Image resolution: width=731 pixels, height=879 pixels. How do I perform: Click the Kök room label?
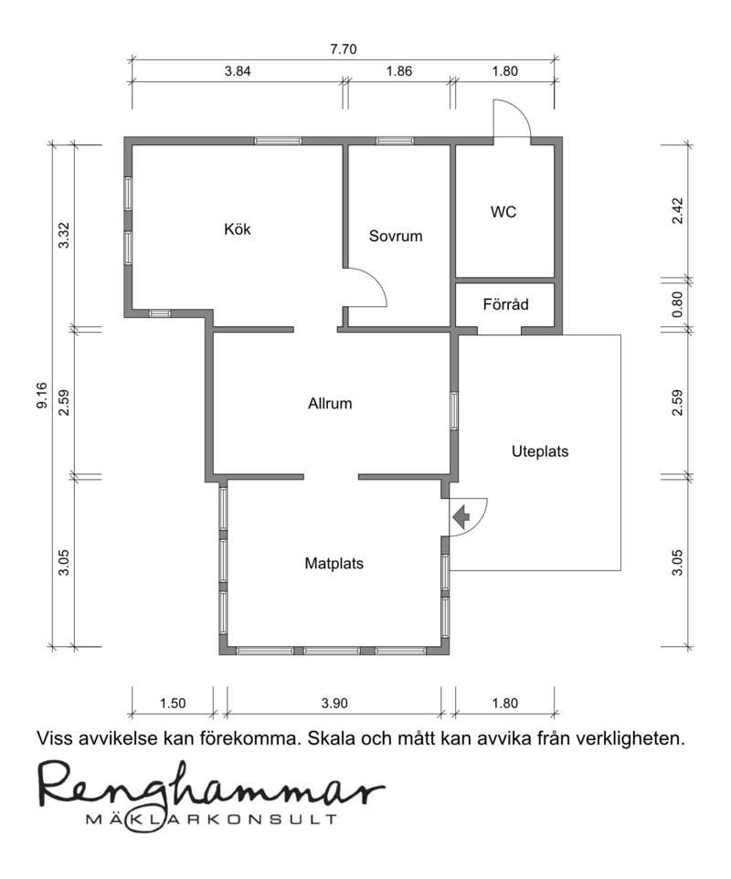click(x=238, y=229)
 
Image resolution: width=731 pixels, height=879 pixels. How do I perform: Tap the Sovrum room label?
click(x=396, y=236)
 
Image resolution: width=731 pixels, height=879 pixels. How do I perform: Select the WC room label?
click(x=503, y=212)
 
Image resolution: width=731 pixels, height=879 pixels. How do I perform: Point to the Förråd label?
click(x=505, y=304)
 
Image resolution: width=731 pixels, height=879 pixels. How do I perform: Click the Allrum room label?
click(x=330, y=404)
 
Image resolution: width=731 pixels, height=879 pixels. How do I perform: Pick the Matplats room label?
click(x=334, y=564)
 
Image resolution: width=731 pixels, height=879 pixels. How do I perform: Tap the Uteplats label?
click(x=540, y=451)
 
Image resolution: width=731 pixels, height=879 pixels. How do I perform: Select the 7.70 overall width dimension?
click(x=343, y=49)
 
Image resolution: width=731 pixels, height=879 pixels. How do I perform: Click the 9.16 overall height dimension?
click(x=43, y=396)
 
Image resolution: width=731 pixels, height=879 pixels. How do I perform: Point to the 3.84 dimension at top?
click(x=238, y=71)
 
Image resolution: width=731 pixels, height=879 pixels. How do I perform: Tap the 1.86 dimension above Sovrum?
click(x=399, y=71)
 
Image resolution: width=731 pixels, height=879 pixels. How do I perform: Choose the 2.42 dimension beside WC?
click(x=678, y=211)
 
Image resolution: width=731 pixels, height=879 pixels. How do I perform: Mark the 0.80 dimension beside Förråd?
click(x=678, y=304)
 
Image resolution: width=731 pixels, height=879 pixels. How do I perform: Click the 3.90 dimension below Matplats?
click(x=334, y=703)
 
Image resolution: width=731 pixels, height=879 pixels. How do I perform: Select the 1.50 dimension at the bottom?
click(x=173, y=703)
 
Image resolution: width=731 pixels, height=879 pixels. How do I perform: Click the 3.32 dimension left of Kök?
click(x=64, y=236)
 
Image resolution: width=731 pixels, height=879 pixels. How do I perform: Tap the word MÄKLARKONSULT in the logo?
click(x=211, y=819)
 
